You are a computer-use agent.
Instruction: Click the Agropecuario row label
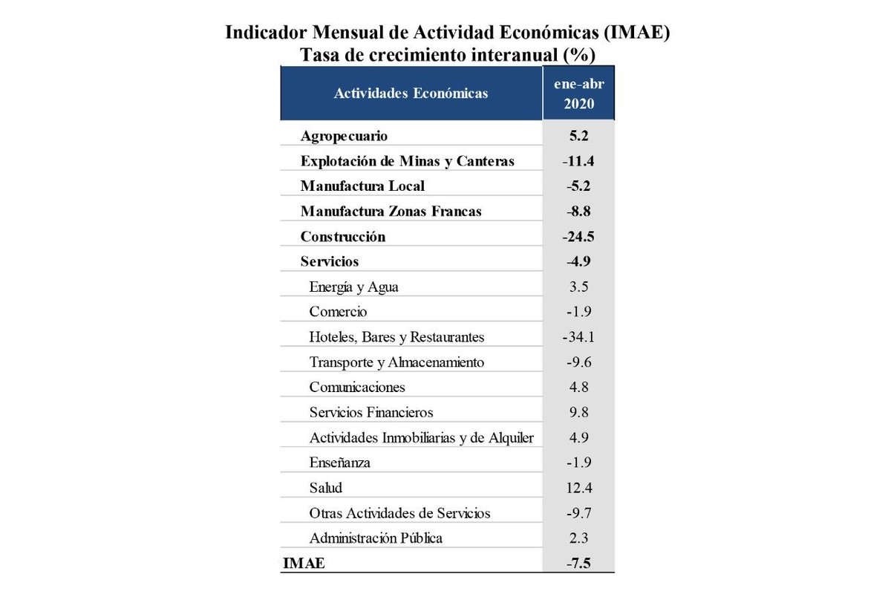(x=344, y=136)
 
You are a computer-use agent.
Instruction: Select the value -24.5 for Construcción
(x=579, y=237)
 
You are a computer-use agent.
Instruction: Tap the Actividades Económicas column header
(x=411, y=94)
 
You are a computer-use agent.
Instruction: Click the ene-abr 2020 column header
(x=579, y=94)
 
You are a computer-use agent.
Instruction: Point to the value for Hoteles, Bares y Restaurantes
(x=579, y=337)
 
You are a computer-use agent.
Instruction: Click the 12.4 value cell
(x=579, y=488)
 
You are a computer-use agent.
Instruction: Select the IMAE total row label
(x=304, y=564)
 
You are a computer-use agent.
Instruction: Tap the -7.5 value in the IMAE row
(x=579, y=564)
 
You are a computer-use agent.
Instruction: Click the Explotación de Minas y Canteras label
(x=407, y=161)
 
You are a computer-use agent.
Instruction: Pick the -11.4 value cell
(x=579, y=161)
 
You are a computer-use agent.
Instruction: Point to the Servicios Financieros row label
(x=371, y=412)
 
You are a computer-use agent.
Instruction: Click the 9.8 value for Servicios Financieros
(x=579, y=412)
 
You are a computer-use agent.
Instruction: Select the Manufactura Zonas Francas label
(x=391, y=212)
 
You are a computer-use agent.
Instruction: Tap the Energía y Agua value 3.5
(x=579, y=287)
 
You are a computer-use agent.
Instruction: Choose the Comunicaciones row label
(x=357, y=387)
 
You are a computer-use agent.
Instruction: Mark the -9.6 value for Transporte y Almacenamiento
(x=579, y=362)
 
